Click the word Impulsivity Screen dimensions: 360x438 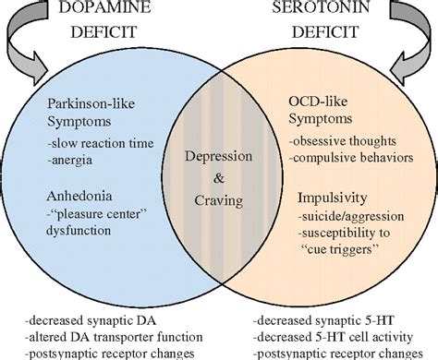click(326, 198)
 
